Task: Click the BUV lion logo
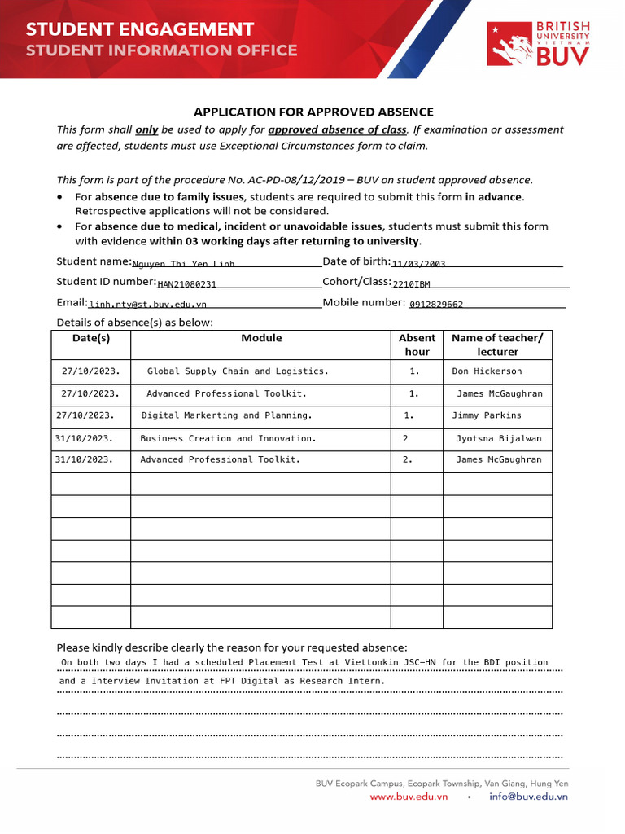pyautogui.click(x=509, y=44)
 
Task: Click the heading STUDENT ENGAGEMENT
pyautogui.click(x=139, y=29)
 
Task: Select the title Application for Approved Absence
pyautogui.click(x=313, y=112)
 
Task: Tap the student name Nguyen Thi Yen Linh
pyautogui.click(x=183, y=264)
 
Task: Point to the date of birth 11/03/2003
pyautogui.click(x=418, y=264)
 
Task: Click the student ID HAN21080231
pyautogui.click(x=186, y=284)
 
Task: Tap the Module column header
pyautogui.click(x=261, y=338)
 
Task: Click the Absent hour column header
pyautogui.click(x=417, y=345)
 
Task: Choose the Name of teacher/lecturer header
pyautogui.click(x=497, y=345)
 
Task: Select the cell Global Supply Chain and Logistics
pyautogui.click(x=238, y=371)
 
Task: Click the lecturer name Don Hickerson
pyautogui.click(x=487, y=371)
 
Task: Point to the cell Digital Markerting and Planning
pyautogui.click(x=226, y=415)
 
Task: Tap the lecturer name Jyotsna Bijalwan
pyautogui.click(x=498, y=438)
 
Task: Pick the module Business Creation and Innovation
pyautogui.click(x=228, y=438)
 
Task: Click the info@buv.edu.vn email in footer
pyautogui.click(x=528, y=797)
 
